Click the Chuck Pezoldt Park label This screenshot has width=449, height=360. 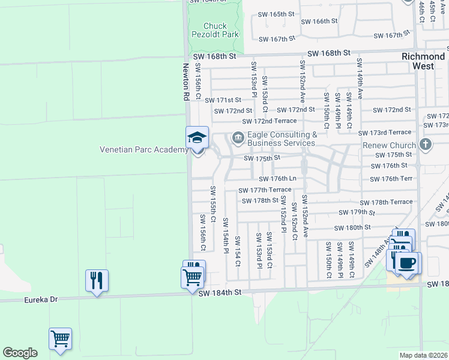[215, 31]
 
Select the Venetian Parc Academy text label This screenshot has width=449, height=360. [143, 149]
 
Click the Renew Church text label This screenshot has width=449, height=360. [389, 145]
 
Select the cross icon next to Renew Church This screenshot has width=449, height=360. [426, 145]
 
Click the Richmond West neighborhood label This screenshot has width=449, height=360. [423, 61]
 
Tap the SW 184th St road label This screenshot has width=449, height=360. [220, 292]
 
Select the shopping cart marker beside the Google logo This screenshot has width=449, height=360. [60, 340]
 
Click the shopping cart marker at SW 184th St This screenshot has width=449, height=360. [192, 278]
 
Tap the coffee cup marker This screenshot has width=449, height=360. [408, 263]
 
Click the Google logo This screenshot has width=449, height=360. [20, 352]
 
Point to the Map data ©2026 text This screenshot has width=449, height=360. [424, 355]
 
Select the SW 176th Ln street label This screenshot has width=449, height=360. [277, 179]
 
